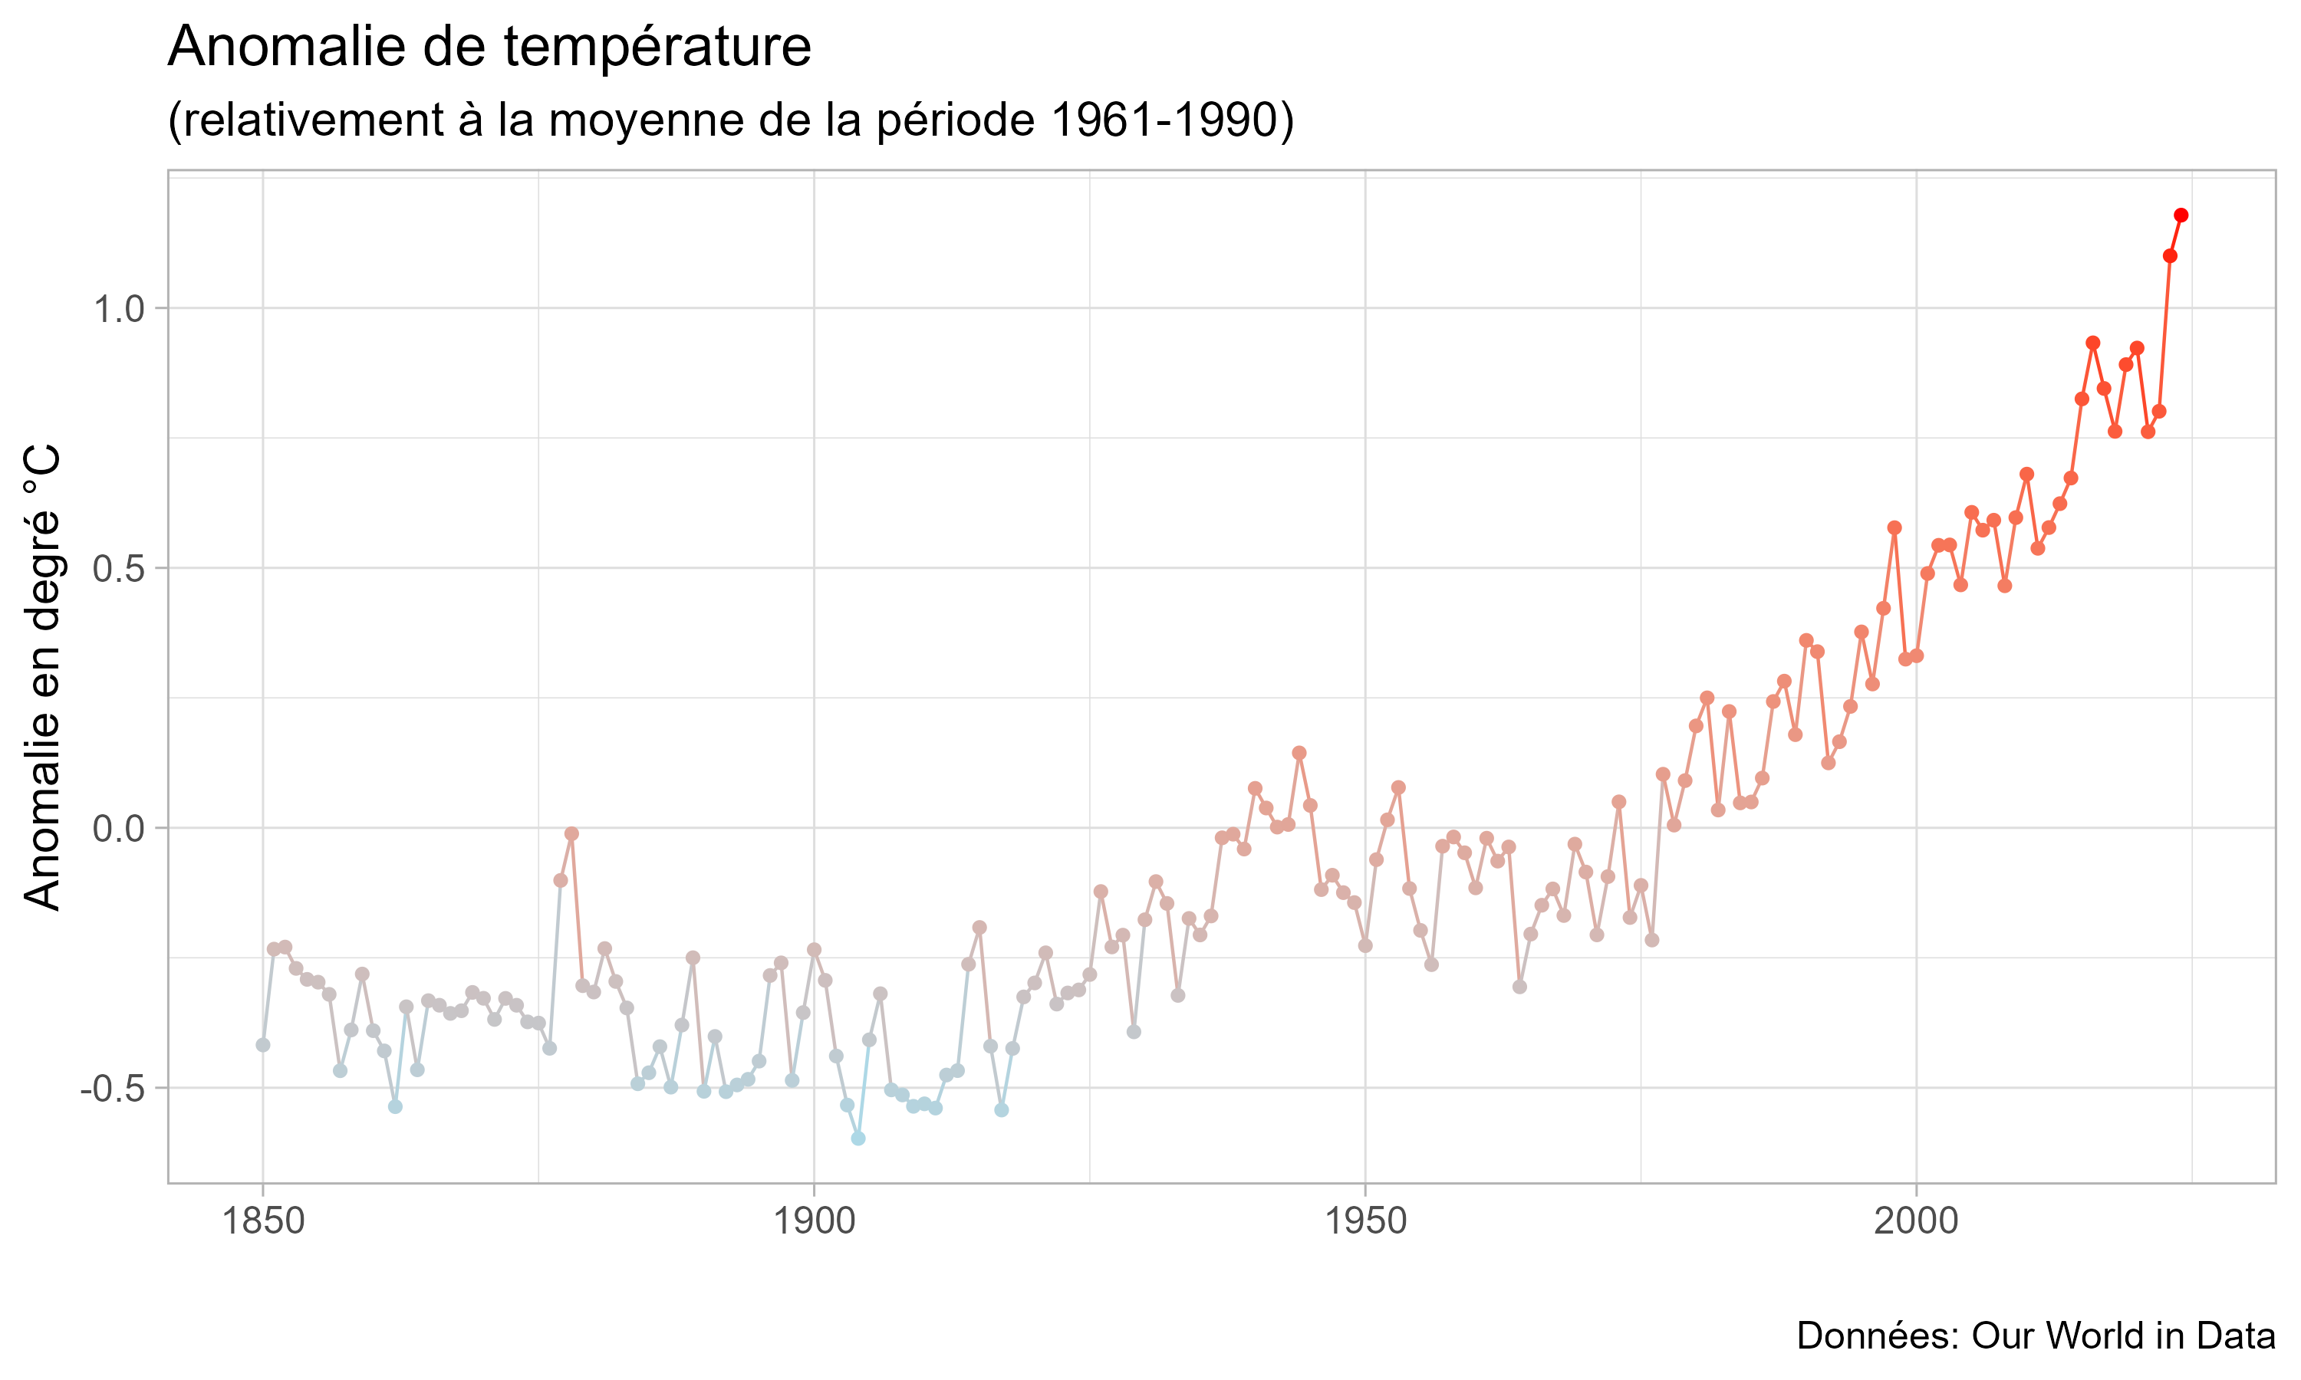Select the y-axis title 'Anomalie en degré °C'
click(x=42, y=677)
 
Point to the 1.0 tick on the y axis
click(x=119, y=309)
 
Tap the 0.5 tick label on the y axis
click(x=119, y=568)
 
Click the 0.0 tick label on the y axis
click(x=119, y=829)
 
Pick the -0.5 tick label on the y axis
click(x=113, y=1088)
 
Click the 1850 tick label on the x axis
click(x=263, y=1221)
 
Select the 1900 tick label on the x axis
click(x=814, y=1221)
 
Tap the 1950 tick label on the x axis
click(x=1365, y=1221)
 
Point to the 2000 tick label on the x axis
click(x=1916, y=1221)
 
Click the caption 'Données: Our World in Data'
click(x=2035, y=1336)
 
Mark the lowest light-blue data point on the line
click(x=858, y=1138)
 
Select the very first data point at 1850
click(x=263, y=1045)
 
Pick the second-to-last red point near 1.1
click(x=2170, y=256)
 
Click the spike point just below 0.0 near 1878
click(x=572, y=834)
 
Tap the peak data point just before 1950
click(x=1299, y=752)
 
